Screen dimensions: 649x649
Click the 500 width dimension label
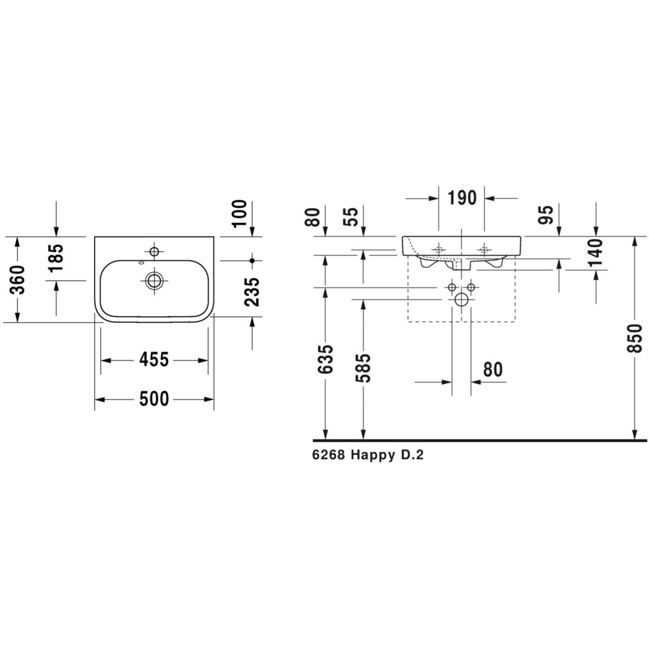(x=154, y=399)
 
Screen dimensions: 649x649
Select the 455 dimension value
(x=154, y=360)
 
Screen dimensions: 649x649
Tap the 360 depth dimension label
(x=17, y=280)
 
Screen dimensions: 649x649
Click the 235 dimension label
(x=252, y=292)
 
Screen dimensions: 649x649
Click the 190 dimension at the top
(x=462, y=198)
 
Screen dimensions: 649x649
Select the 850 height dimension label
(x=635, y=339)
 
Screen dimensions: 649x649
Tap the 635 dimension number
(x=326, y=359)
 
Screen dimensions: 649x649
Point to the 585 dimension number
(x=363, y=368)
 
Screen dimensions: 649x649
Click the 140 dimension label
(x=597, y=252)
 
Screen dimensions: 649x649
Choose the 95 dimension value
(x=546, y=215)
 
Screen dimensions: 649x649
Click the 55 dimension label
(x=352, y=217)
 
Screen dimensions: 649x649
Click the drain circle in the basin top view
(x=154, y=280)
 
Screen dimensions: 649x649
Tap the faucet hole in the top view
(x=154, y=251)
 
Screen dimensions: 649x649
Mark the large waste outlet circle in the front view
(x=461, y=299)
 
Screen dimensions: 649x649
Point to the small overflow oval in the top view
(x=142, y=263)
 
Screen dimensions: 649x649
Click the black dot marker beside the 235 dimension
(x=252, y=260)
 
